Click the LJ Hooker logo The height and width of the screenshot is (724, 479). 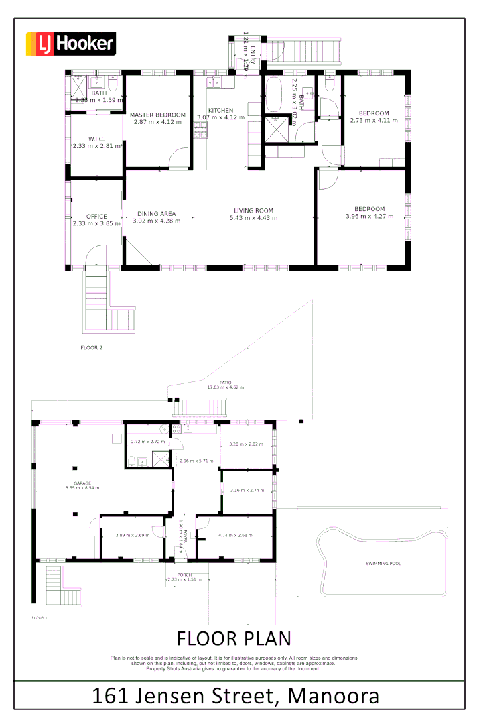(70, 44)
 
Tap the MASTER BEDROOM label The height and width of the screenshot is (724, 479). (157, 115)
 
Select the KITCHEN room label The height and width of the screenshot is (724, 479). (220, 110)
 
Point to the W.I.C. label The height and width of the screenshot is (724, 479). (96, 139)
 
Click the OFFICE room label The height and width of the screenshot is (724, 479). (96, 216)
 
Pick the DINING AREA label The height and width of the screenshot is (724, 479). (157, 213)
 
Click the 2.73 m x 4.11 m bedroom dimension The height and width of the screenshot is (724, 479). (374, 121)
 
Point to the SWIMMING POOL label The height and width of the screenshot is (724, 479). (383, 564)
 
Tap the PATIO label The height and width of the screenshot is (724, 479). (216, 381)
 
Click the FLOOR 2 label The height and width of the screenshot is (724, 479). (91, 348)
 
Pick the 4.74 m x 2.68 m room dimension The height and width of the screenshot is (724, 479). (234, 535)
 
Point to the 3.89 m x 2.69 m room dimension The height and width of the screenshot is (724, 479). (131, 535)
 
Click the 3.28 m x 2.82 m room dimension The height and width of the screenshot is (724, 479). (245, 444)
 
